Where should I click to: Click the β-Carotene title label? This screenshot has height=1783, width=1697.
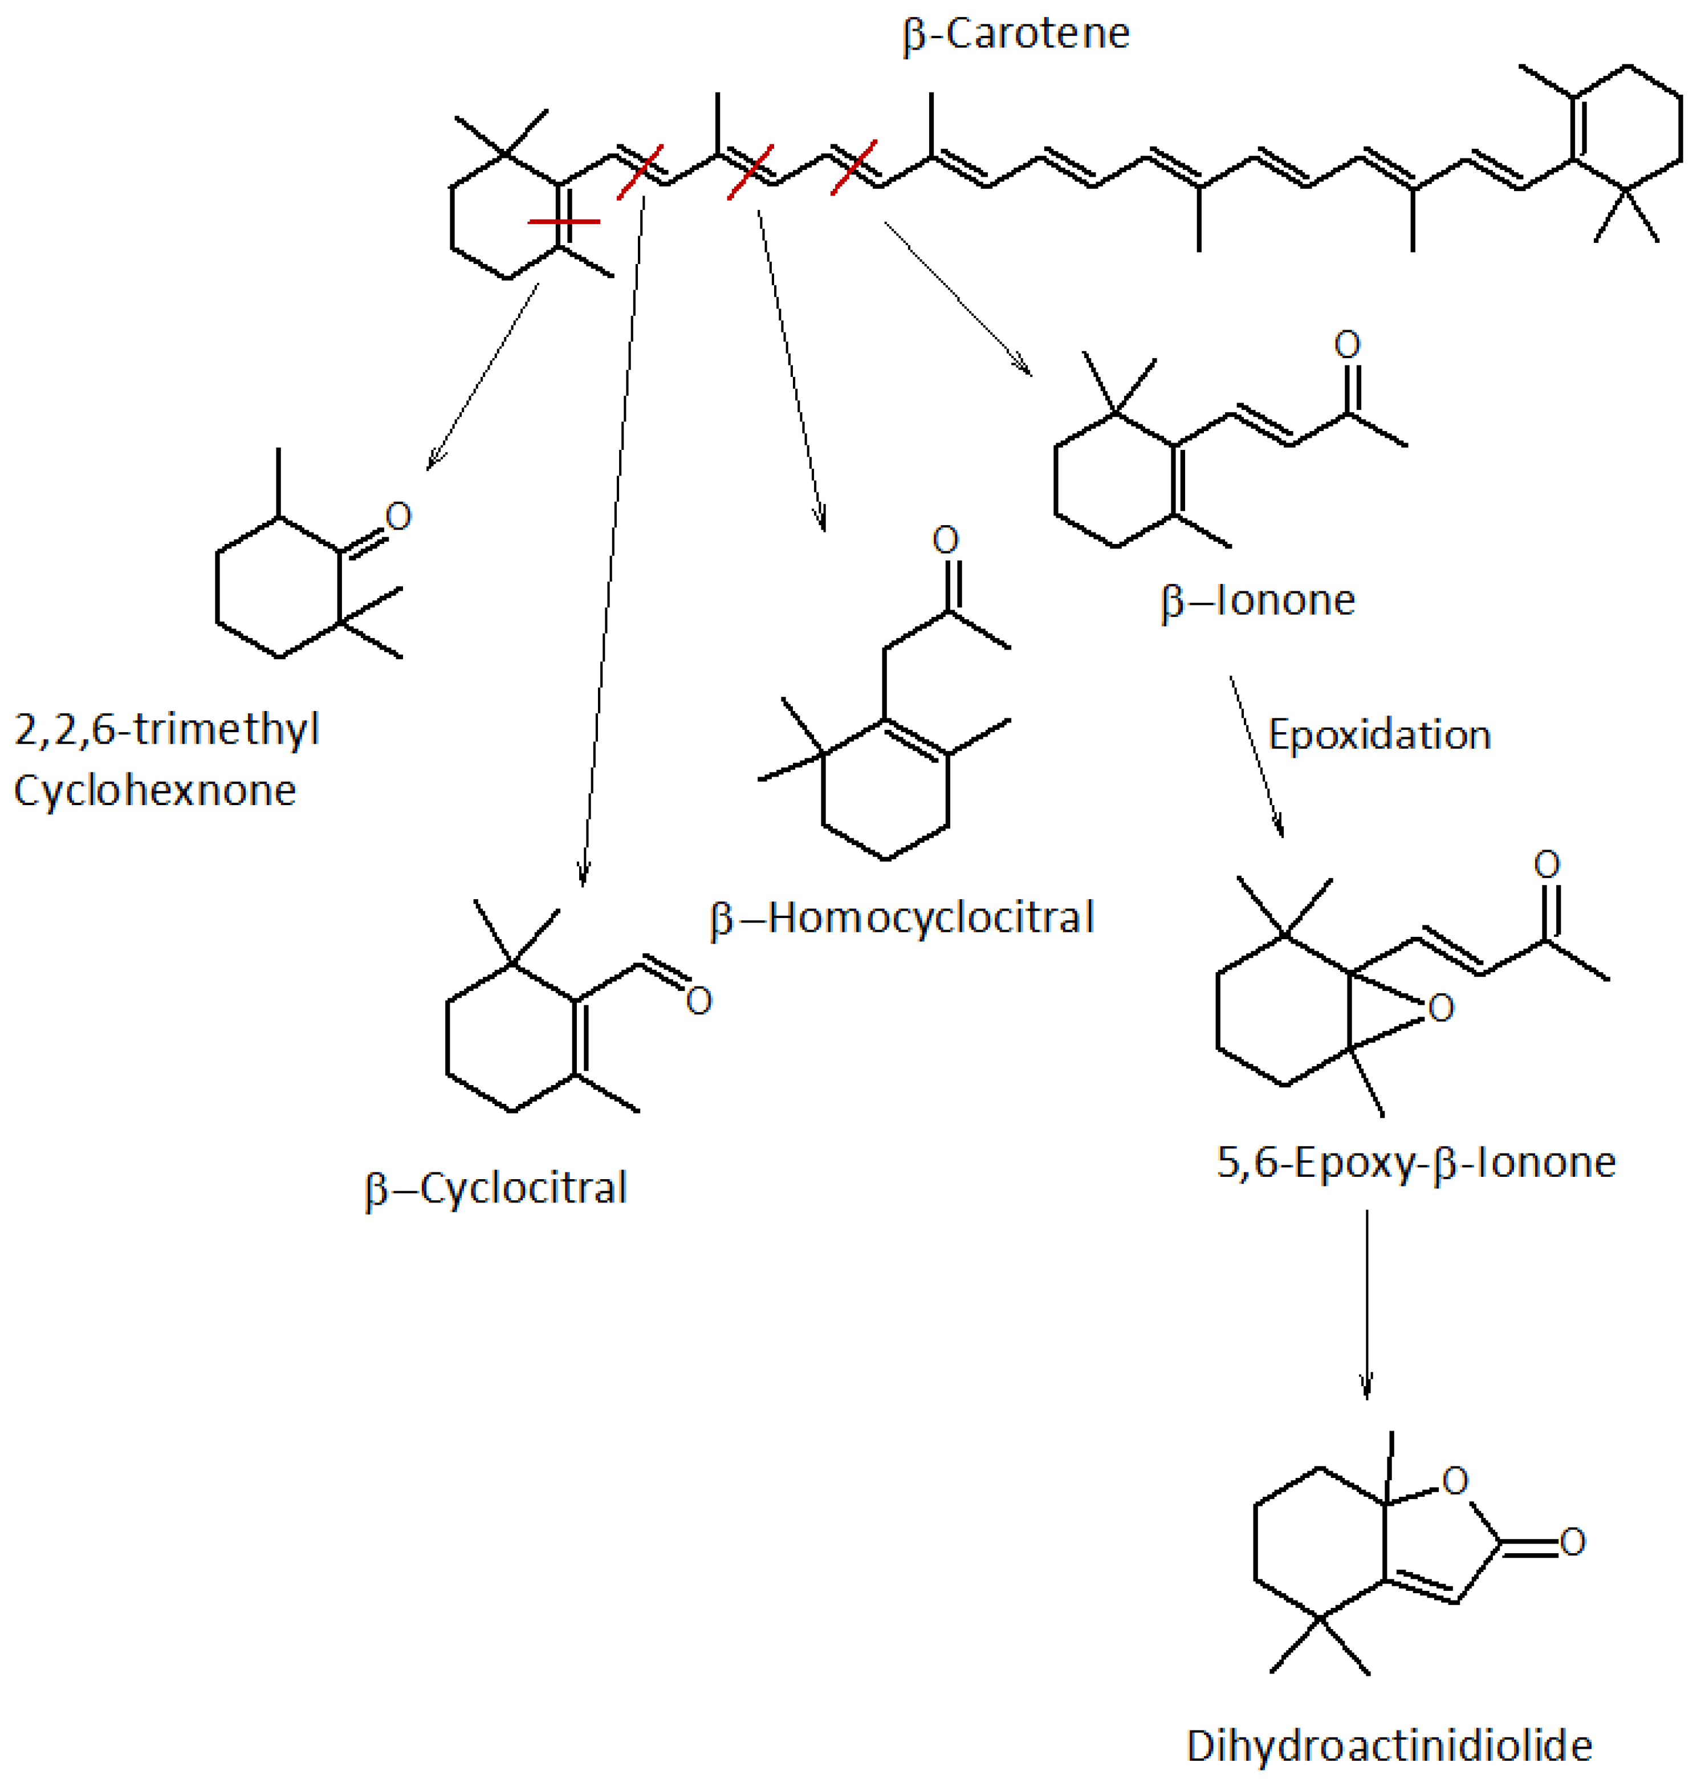tap(1016, 34)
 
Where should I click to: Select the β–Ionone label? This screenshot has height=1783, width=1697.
tap(1258, 600)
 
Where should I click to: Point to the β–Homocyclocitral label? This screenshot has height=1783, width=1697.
tap(902, 918)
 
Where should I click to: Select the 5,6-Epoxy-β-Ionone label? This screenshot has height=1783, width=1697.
tap(1415, 1163)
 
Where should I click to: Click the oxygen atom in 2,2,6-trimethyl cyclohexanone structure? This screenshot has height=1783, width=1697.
tap(398, 517)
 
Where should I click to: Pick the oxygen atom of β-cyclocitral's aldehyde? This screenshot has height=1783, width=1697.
tap(698, 1001)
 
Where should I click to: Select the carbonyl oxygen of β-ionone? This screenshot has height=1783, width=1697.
tap(1347, 344)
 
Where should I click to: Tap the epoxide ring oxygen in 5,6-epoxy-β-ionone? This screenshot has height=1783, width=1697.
tap(1441, 1008)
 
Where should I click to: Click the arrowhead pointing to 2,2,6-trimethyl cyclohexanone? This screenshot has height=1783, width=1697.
tap(433, 462)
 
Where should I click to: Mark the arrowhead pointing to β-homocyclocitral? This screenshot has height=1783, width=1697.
tap(821, 523)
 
